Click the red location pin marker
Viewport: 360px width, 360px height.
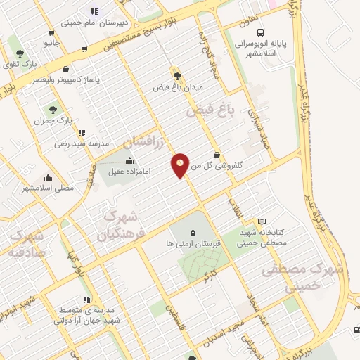coord(181,165)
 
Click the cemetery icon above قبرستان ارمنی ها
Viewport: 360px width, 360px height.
coord(193,233)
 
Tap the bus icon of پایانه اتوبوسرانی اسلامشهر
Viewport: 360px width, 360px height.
coord(261,32)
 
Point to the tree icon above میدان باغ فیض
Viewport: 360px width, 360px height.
coord(177,75)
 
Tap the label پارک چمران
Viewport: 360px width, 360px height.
coord(53,121)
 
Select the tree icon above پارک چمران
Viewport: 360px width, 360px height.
coord(53,110)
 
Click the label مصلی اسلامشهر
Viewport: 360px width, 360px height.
coord(47,188)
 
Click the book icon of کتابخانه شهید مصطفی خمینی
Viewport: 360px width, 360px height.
coord(262,221)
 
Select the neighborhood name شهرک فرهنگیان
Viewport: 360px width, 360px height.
coord(115,224)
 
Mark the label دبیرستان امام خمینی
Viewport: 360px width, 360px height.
coord(95,22)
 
